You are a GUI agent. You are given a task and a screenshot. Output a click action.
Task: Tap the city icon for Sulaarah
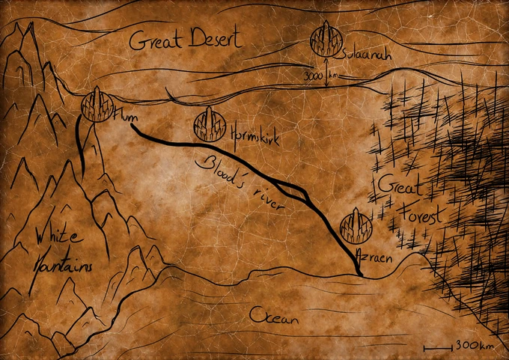click(x=326, y=39)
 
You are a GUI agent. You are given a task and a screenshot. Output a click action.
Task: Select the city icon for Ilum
click(x=97, y=104)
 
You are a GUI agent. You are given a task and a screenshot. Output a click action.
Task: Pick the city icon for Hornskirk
click(x=209, y=123)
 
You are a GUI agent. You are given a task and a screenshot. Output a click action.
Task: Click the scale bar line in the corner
click(x=438, y=347)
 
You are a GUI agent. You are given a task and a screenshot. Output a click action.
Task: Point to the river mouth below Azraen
click(x=360, y=275)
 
